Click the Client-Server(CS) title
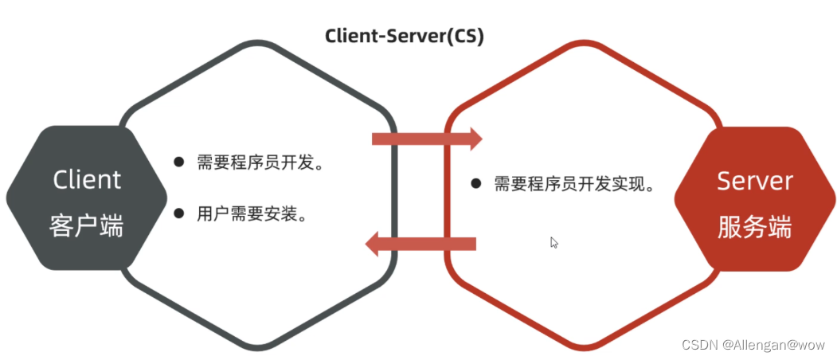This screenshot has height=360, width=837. click(404, 37)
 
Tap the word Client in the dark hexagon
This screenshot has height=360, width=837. click(87, 179)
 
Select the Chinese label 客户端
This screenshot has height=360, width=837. click(87, 226)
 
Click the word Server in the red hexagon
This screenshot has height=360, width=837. click(754, 181)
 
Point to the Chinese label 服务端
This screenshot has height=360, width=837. click(754, 227)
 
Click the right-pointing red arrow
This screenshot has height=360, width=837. click(427, 139)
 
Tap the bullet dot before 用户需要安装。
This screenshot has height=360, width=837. click(178, 213)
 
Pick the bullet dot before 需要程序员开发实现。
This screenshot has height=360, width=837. click(475, 184)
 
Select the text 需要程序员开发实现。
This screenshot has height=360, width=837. click(574, 185)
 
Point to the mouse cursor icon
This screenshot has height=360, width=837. click(554, 242)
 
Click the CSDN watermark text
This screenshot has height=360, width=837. click(699, 345)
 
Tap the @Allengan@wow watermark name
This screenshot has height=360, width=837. click(774, 345)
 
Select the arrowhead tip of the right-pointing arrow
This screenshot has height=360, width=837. click(479, 139)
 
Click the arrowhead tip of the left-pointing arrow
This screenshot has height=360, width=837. click(367, 244)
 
